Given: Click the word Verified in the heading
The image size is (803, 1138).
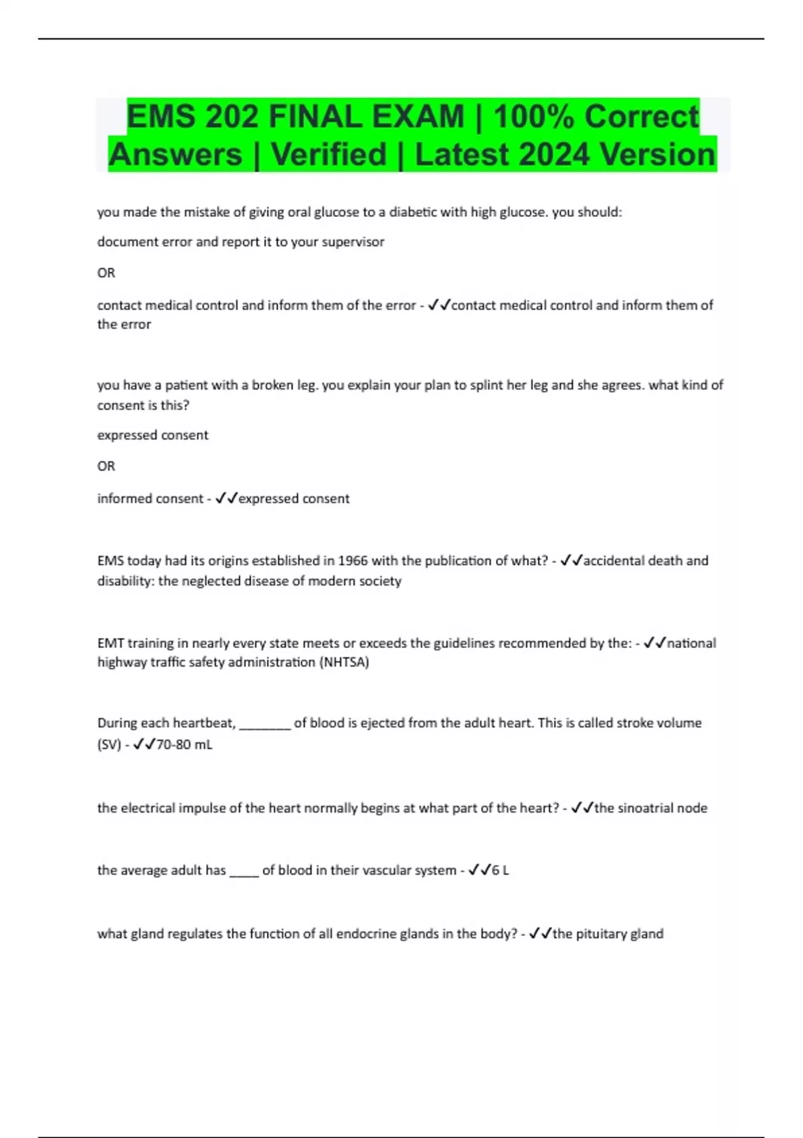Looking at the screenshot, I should click(x=329, y=155).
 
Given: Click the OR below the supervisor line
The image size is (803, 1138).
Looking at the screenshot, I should click(x=106, y=273).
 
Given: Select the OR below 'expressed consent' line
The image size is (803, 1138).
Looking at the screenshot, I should click(x=106, y=466).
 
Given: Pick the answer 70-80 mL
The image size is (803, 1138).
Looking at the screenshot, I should click(x=184, y=744).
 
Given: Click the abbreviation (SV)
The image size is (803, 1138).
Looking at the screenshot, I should click(x=109, y=744).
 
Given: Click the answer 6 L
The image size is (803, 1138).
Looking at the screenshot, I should click(x=500, y=870).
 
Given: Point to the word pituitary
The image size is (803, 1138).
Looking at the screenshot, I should click(x=602, y=934).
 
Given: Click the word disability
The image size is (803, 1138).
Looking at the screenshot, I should click(x=124, y=581).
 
